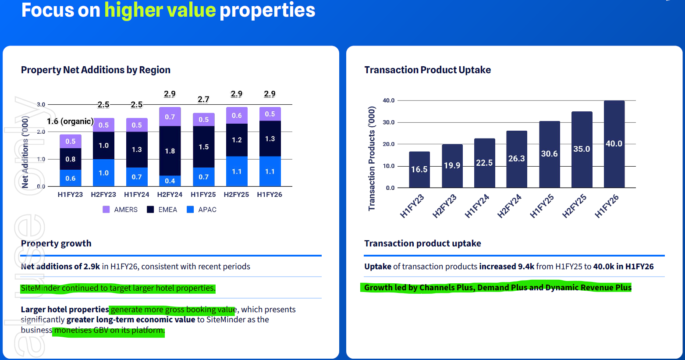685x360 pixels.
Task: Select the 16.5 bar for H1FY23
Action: click(419, 169)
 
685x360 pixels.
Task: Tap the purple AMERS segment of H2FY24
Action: click(170, 117)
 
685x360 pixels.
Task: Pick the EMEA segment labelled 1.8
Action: click(170, 151)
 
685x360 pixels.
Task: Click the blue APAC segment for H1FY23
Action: click(70, 178)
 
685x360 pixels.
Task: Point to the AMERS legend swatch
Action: click(106, 210)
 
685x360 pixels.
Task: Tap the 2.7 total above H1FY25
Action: click(203, 99)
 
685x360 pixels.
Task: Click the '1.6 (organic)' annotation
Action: click(70, 121)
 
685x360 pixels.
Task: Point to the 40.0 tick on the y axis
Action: click(388, 100)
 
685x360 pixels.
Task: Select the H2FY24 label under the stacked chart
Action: click(170, 194)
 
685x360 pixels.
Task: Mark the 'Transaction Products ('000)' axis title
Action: click(372, 158)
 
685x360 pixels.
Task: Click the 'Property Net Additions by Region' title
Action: click(96, 70)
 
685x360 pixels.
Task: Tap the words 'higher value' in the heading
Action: click(160, 10)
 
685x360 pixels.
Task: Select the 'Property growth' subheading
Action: click(56, 243)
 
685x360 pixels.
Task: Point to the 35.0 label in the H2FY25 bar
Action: click(582, 149)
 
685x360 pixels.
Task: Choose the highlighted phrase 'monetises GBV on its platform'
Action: click(109, 330)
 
